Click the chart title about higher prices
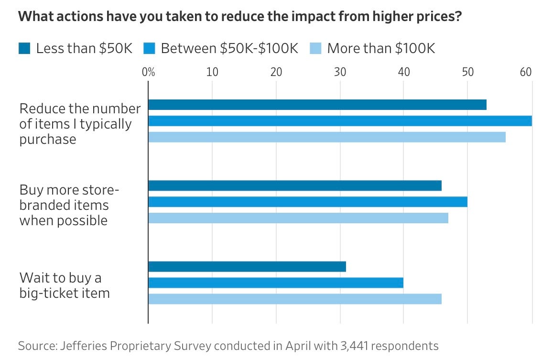click(x=239, y=16)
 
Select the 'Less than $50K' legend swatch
click(x=25, y=48)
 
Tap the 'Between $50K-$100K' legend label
click(x=229, y=48)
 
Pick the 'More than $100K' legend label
click(x=381, y=48)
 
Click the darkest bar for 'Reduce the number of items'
click(x=317, y=105)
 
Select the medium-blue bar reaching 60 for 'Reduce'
click(x=340, y=121)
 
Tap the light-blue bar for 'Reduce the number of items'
click(x=327, y=137)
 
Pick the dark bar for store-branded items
click(x=295, y=185)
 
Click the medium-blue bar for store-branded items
click(x=308, y=202)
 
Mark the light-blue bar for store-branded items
click(x=298, y=218)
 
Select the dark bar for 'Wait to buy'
click(x=247, y=266)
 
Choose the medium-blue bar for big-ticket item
click(x=276, y=283)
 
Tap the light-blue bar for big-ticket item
click(x=295, y=299)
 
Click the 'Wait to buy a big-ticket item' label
click(x=65, y=285)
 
